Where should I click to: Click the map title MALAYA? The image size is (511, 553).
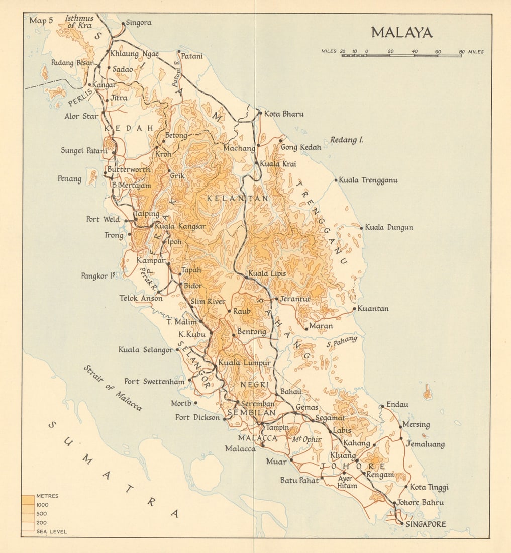click(x=401, y=33)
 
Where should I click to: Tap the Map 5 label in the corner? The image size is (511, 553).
click(x=41, y=21)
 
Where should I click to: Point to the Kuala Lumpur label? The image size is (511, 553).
click(x=244, y=363)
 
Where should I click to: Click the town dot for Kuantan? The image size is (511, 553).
click(x=354, y=309)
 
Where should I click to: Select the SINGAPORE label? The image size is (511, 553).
click(x=425, y=524)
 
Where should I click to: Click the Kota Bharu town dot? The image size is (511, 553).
click(x=260, y=113)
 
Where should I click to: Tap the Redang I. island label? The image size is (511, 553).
click(x=347, y=140)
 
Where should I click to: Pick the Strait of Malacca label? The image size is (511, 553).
click(x=113, y=388)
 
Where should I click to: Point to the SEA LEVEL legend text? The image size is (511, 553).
click(x=51, y=531)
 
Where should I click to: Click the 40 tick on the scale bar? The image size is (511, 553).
click(x=415, y=52)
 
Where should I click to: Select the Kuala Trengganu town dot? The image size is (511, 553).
click(x=336, y=180)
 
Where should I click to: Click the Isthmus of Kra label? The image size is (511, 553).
click(x=79, y=22)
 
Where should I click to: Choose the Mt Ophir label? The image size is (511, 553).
click(x=306, y=439)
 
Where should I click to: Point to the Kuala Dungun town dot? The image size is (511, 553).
click(x=361, y=228)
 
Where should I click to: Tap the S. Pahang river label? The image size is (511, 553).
click(x=342, y=342)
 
